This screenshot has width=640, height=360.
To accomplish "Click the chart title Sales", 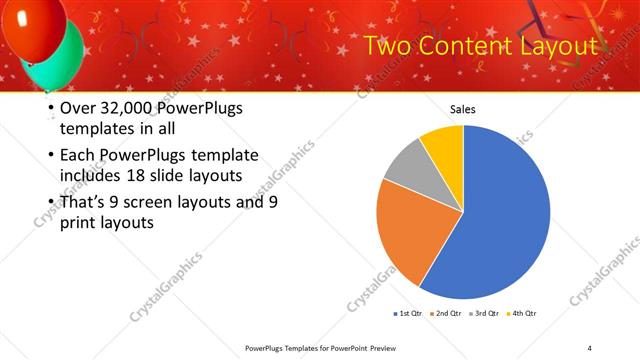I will [x=462, y=110].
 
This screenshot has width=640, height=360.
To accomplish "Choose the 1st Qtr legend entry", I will [x=407, y=314].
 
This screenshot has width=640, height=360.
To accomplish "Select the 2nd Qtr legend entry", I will [x=446, y=314].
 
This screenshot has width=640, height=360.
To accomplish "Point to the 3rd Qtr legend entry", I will [x=485, y=314].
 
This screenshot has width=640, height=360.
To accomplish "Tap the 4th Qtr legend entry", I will [x=523, y=314].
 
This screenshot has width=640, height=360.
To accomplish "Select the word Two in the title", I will [x=384, y=46].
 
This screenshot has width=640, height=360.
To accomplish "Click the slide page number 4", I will [x=589, y=347].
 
